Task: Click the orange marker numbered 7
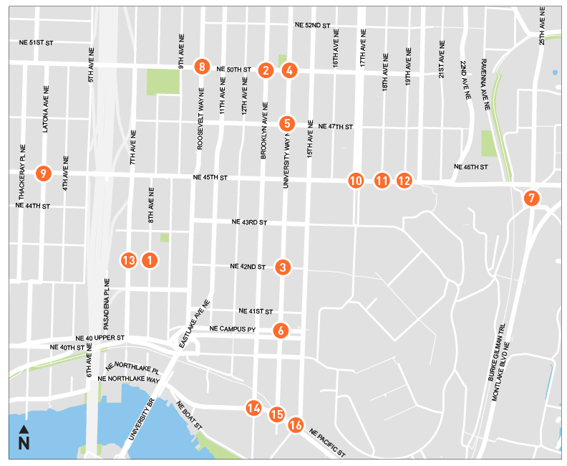point(531,198)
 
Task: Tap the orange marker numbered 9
point(44,173)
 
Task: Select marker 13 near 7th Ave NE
point(129,260)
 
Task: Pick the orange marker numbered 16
point(296,425)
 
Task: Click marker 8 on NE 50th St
point(203,67)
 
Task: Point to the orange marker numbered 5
point(286,123)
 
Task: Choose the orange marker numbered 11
point(381,181)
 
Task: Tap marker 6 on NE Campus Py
point(281,331)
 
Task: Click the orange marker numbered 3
point(283,267)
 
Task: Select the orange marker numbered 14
point(253,408)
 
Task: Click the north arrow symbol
point(24,437)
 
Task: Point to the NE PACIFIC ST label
point(328,443)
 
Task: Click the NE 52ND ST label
point(312,25)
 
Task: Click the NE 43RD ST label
point(248,223)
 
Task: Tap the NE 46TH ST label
point(470,167)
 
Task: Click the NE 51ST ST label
point(36,43)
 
